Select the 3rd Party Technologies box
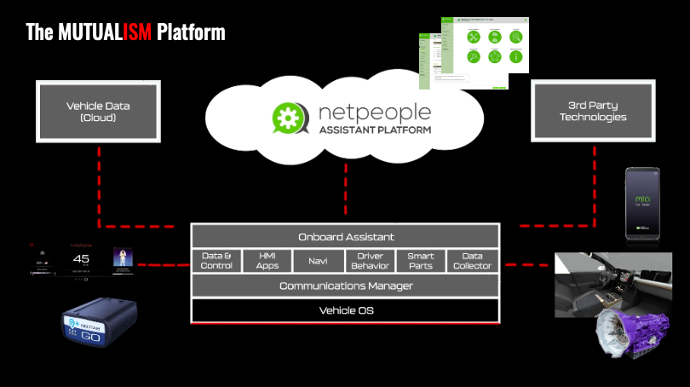593,112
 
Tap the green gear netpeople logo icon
288,118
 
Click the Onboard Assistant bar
345,236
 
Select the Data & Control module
216,261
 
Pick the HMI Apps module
267,261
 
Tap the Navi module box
319,261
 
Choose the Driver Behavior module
371,261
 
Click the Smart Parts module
421,261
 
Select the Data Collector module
473,261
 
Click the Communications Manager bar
345,286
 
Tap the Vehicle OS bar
345,310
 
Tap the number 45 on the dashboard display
82,259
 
